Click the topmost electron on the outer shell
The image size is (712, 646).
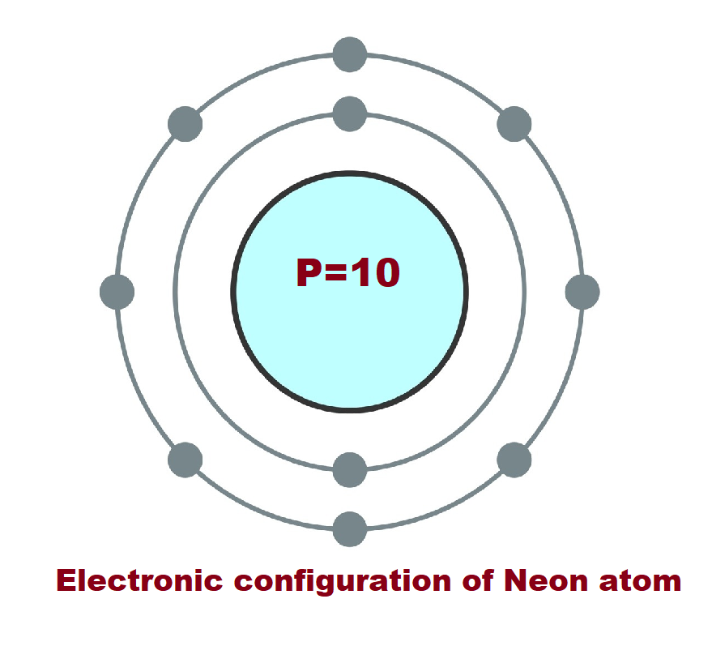pos(350,55)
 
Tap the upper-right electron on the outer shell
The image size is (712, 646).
pos(514,124)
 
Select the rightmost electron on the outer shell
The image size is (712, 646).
pos(582,292)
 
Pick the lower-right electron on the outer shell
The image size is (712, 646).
pos(514,460)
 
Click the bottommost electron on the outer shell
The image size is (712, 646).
pos(350,529)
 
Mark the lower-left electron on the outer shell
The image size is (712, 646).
pos(185,460)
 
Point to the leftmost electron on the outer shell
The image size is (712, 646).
pos(117,292)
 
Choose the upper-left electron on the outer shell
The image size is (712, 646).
pos(185,124)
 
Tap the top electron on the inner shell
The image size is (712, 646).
pos(350,113)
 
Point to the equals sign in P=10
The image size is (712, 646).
pos(339,274)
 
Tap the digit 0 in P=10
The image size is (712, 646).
pos(386,273)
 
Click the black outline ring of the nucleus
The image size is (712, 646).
pos(233,292)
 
